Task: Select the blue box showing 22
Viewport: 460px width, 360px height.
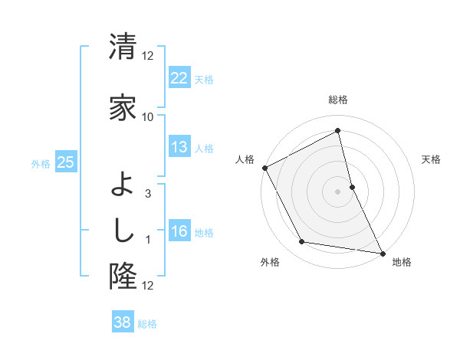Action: point(179,79)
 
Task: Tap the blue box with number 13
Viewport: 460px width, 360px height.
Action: point(179,147)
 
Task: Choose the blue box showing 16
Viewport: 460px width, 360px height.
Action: point(179,232)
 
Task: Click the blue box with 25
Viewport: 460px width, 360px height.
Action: point(66,163)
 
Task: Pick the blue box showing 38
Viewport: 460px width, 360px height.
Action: point(123,322)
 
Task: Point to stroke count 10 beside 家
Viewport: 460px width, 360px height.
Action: point(147,116)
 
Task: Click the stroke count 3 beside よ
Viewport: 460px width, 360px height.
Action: point(148,194)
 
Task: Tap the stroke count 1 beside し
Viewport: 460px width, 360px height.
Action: point(148,241)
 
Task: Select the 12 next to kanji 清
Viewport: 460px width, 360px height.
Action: point(148,55)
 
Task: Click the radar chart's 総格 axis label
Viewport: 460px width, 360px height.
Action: point(337,100)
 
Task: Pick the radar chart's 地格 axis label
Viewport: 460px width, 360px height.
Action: point(402,262)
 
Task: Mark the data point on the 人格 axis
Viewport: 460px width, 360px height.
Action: point(264,168)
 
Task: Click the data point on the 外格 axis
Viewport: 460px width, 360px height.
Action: point(302,243)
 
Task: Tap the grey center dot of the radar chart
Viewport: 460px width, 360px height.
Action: point(337,191)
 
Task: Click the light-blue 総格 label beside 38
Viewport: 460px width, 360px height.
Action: point(147,324)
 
